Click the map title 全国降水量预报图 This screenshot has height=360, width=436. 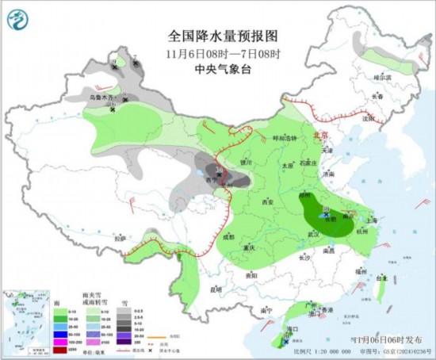[224, 36]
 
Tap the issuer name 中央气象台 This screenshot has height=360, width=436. [224, 70]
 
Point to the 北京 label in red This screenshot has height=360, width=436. [320, 136]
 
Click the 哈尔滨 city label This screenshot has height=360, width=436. [383, 78]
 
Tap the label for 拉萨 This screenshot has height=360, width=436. [119, 238]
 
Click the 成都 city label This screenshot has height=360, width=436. [228, 236]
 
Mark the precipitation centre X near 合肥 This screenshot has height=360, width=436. [327, 214]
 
